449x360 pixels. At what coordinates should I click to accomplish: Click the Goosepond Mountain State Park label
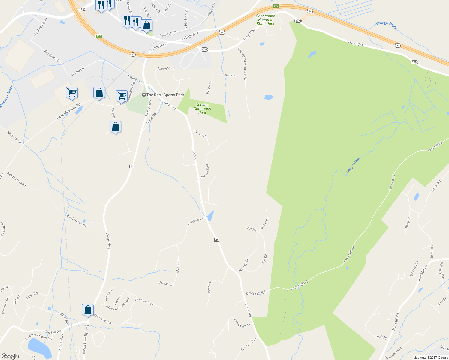[265, 20]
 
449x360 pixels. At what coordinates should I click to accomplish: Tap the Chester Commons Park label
[202, 109]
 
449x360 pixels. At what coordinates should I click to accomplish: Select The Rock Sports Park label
[165, 95]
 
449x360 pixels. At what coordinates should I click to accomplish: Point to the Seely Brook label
[353, 165]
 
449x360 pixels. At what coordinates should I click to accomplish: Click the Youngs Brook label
[387, 25]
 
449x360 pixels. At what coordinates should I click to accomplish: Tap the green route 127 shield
[276, 6]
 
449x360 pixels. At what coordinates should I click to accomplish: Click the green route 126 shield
[99, 36]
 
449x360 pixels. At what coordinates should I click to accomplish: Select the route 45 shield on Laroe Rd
[217, 240]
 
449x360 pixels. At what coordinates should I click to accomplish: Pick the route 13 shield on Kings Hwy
[132, 166]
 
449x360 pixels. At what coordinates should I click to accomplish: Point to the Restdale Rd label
[195, 222]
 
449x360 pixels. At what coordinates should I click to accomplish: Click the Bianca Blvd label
[205, 171]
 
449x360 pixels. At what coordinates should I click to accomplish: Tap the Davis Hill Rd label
[256, 293]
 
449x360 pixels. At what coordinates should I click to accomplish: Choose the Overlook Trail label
[144, 301]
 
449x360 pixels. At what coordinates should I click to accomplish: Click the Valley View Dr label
[242, 323]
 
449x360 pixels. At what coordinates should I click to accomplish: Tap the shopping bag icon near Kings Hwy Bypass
[88, 310]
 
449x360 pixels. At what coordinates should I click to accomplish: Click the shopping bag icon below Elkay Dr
[115, 127]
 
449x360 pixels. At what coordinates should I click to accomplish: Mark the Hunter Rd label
[436, 186]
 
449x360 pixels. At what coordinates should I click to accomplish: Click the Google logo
[10, 356]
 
